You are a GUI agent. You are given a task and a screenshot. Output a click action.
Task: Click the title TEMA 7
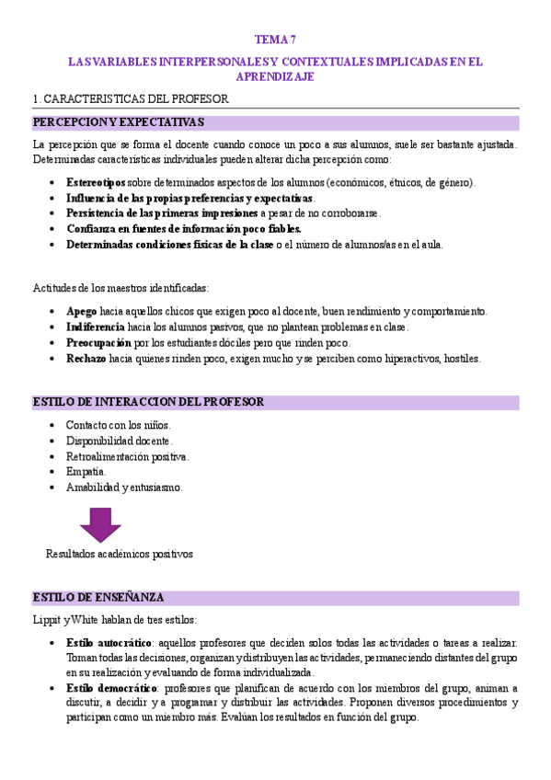click(x=276, y=39)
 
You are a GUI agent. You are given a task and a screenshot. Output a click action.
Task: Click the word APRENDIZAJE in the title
click(x=276, y=77)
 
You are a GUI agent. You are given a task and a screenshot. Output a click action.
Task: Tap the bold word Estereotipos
click(x=96, y=183)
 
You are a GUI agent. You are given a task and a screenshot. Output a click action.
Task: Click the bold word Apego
click(x=81, y=312)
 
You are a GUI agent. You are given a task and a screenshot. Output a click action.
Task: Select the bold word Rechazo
click(x=86, y=359)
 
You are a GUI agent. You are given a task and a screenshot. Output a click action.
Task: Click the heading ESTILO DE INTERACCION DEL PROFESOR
click(x=148, y=402)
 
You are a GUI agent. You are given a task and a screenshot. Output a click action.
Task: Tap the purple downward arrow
click(x=100, y=525)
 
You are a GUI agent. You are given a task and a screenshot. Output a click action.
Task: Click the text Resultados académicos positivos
click(x=120, y=555)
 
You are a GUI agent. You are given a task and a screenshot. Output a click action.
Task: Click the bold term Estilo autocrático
click(x=108, y=641)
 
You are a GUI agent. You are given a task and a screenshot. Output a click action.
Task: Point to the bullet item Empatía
click(x=86, y=472)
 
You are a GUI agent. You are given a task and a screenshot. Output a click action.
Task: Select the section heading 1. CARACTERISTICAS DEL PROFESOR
click(x=130, y=98)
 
